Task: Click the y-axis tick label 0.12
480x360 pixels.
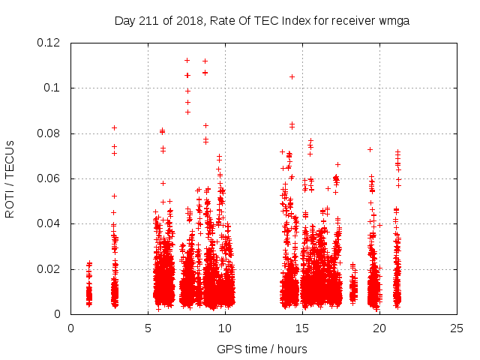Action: click(x=49, y=43)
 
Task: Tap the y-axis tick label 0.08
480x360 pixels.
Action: click(x=49, y=133)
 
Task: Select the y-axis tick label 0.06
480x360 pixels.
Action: click(x=49, y=178)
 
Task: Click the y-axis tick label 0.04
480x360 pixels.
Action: click(x=49, y=223)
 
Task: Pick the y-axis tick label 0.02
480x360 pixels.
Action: click(x=49, y=268)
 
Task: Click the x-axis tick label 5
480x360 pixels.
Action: click(x=148, y=328)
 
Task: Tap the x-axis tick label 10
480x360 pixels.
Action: click(x=225, y=328)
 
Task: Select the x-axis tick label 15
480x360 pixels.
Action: click(x=302, y=328)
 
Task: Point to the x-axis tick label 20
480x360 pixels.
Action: click(x=379, y=328)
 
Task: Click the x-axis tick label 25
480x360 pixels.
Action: click(x=457, y=328)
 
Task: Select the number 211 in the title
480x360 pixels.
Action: click(x=148, y=20)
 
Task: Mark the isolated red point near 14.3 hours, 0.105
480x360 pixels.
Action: click(x=292, y=76)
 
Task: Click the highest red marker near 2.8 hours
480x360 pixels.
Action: click(x=114, y=127)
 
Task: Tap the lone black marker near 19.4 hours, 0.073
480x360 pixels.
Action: click(x=370, y=149)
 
